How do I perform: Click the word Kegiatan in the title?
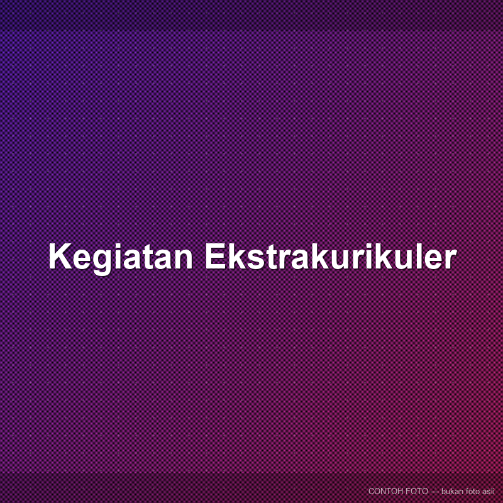[121, 257]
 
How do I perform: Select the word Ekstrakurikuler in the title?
[331, 256]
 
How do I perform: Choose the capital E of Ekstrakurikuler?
[216, 256]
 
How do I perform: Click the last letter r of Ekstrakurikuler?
[450, 259]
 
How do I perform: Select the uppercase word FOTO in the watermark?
[417, 491]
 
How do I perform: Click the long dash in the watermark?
[434, 492]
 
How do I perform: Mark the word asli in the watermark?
[489, 491]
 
